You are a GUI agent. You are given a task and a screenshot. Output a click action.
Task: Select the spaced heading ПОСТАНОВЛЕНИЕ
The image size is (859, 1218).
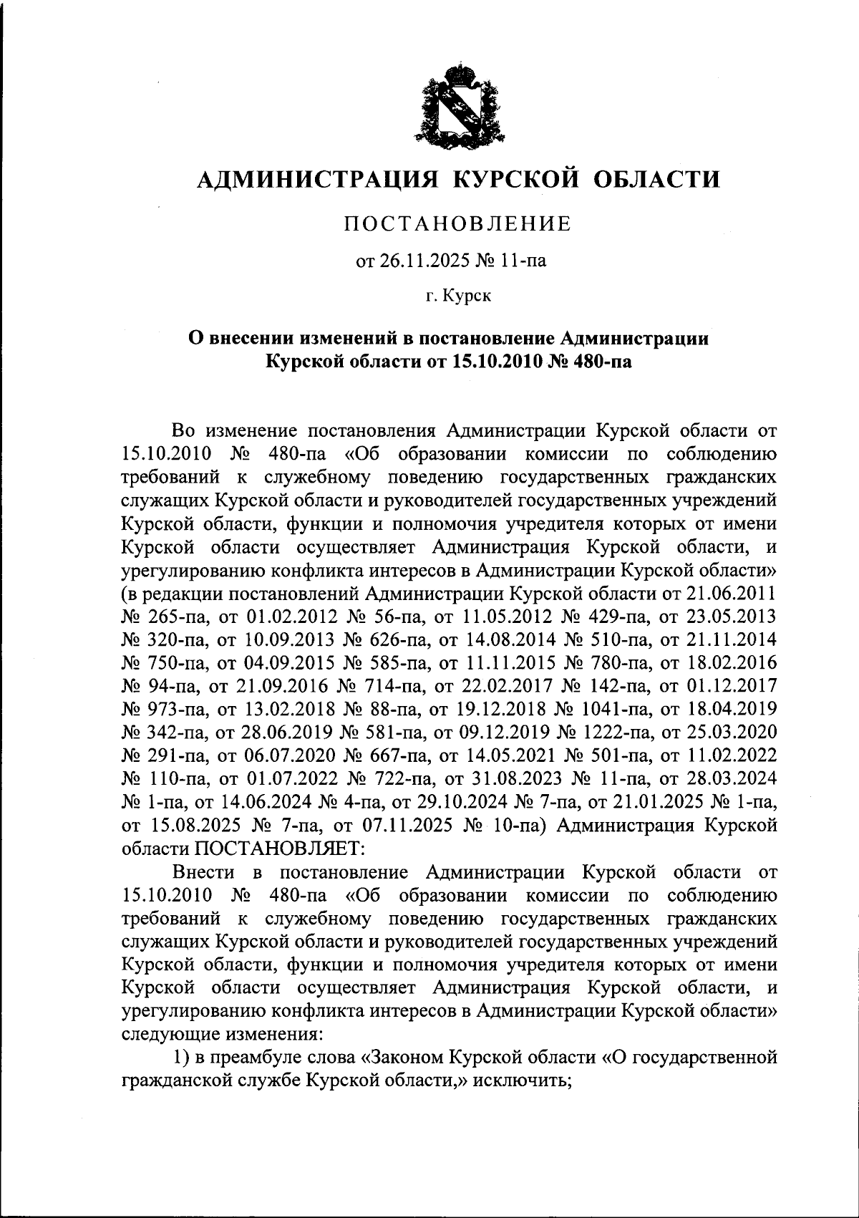click(458, 224)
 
